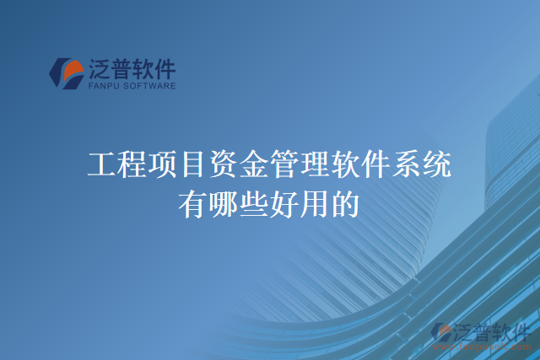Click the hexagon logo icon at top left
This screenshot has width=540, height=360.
click(66, 73)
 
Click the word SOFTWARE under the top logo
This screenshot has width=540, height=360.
click(150, 85)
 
